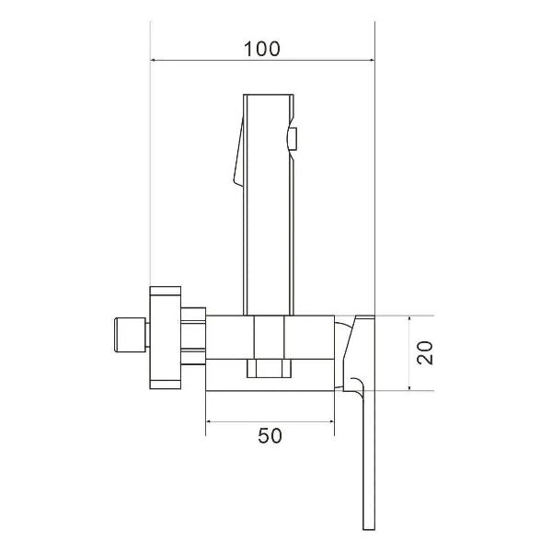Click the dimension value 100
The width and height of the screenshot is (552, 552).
tap(262, 48)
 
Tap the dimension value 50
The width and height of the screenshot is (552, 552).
tap(270, 436)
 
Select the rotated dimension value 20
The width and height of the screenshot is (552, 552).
tap(424, 352)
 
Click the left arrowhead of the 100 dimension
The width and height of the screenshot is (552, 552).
tap(155, 63)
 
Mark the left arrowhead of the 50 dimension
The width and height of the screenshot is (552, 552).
tap(209, 421)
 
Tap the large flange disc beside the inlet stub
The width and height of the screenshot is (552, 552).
tap(164, 336)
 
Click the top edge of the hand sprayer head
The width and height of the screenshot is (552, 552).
tap(267, 95)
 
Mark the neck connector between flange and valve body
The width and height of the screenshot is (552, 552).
tap(192, 336)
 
